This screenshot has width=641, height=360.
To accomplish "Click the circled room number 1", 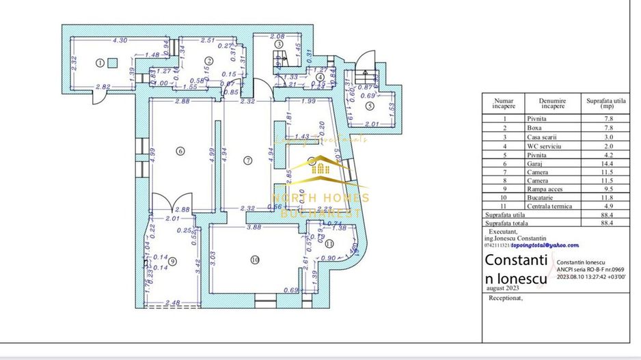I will click(x=100, y=63).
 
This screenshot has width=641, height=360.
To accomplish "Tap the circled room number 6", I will click(x=180, y=152).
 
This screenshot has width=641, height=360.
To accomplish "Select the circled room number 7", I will click(x=248, y=161).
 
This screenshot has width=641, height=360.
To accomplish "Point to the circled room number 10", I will click(x=255, y=260).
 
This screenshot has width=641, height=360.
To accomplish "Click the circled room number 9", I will click(x=172, y=260).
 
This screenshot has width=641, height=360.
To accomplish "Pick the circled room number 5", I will click(x=370, y=106).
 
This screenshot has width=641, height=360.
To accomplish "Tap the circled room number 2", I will click(x=209, y=61).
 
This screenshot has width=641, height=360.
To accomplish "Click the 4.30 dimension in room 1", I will click(x=121, y=40).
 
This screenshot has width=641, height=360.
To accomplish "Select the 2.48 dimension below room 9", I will click(x=172, y=303).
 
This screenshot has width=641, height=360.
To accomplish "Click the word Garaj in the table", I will click(x=535, y=164).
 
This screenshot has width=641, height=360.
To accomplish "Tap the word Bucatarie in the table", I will click(x=541, y=197).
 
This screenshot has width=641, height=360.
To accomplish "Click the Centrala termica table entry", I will click(x=549, y=205).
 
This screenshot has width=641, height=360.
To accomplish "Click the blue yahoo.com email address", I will click(x=545, y=245).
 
